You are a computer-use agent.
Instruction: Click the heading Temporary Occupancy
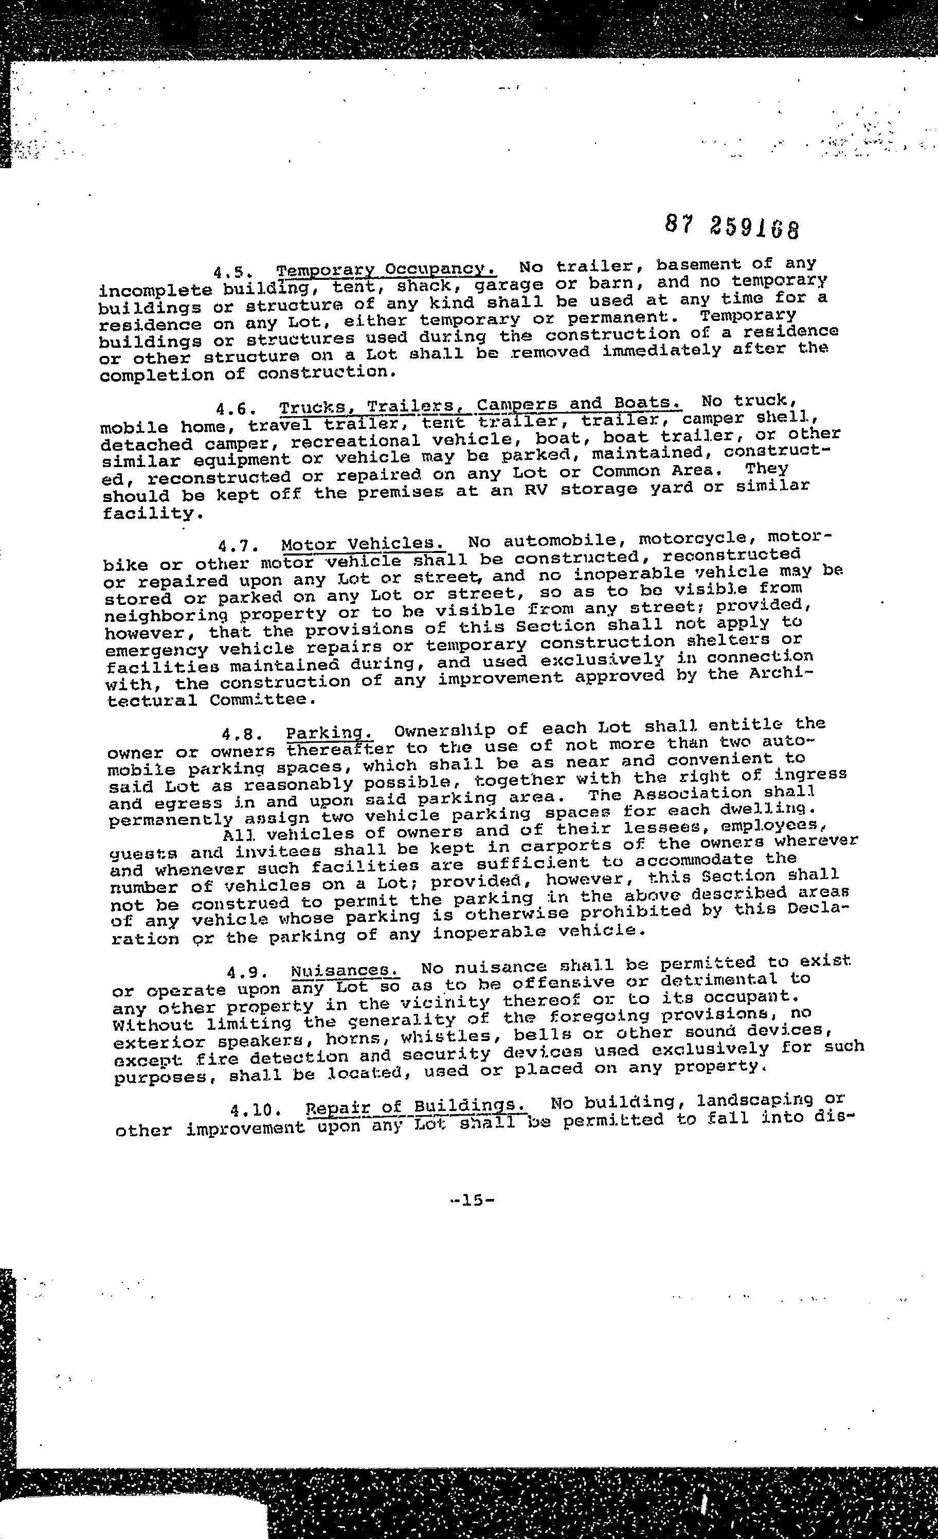point(387,270)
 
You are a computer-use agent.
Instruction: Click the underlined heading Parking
point(330,732)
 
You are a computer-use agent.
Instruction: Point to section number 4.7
point(239,546)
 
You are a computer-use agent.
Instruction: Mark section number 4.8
point(242,734)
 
